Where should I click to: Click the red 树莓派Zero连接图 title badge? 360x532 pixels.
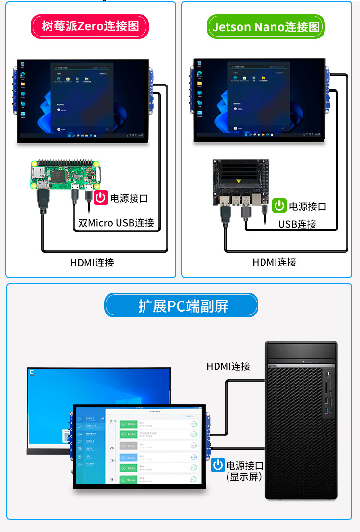[90, 26]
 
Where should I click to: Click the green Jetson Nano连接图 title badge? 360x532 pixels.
[265, 26]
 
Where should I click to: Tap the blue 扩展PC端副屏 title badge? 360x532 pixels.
[181, 306]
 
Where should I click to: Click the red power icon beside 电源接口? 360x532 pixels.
[101, 198]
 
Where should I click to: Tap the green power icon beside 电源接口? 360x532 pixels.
[279, 206]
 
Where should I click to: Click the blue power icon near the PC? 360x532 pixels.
[218, 465]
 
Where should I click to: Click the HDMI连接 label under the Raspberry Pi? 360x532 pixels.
[92, 262]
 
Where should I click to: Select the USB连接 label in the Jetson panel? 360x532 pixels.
[297, 224]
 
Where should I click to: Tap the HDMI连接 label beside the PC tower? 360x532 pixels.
[228, 366]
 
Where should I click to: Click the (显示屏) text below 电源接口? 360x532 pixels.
[243, 477]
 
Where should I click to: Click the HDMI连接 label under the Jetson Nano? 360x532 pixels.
[275, 262]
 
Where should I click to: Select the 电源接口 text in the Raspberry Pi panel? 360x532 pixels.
[129, 198]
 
